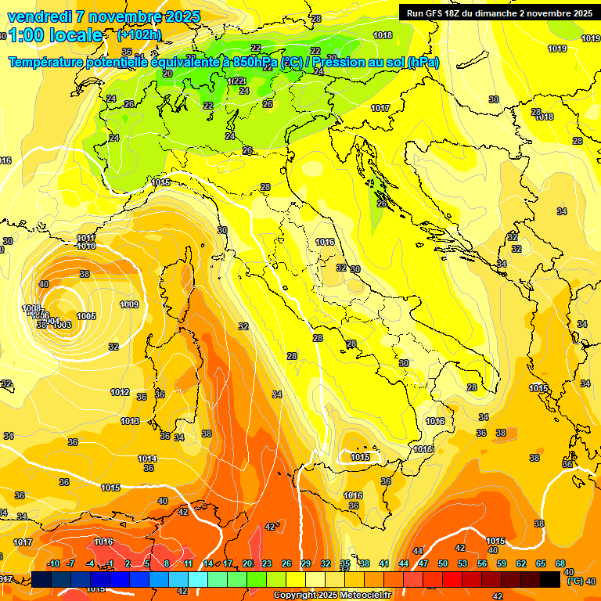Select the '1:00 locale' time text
(56, 35)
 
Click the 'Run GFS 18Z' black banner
(498, 13)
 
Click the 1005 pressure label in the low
(86, 316)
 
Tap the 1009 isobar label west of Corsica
(129, 304)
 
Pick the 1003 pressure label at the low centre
(62, 325)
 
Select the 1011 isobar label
(86, 238)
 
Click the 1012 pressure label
(120, 392)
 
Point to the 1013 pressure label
(130, 421)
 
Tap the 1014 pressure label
(147, 459)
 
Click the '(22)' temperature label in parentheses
(237, 81)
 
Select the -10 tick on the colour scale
(53, 563)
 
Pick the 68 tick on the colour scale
(560, 563)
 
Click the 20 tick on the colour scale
(247, 563)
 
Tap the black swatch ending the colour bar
(550, 580)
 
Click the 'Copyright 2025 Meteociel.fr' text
(332, 595)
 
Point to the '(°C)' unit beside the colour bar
(574, 581)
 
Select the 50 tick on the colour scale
(443, 563)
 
